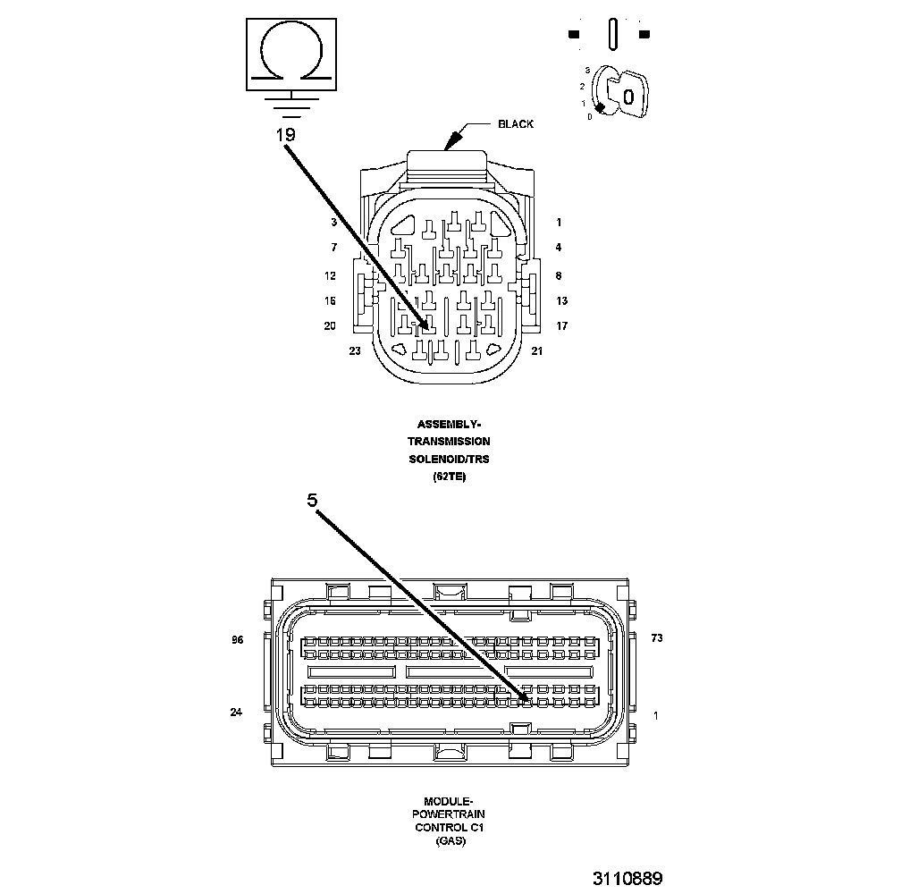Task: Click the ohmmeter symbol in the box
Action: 293,53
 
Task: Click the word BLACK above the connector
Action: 516,124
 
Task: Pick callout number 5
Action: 312,502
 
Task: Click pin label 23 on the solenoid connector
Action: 355,351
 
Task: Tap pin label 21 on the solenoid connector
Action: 537,351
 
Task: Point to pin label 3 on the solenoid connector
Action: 333,222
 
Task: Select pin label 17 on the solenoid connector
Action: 561,326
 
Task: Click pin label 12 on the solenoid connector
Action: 330,276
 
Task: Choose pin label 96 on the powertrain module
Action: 237,640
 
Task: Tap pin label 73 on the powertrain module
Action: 657,638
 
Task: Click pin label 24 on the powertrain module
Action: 236,713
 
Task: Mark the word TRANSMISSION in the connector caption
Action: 449,442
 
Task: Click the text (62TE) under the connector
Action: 449,477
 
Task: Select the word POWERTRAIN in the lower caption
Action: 449,815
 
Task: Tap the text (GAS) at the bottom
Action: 449,841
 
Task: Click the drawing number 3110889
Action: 627,878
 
